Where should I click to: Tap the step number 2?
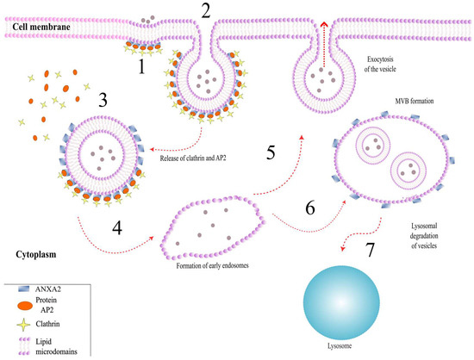[204, 12]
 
